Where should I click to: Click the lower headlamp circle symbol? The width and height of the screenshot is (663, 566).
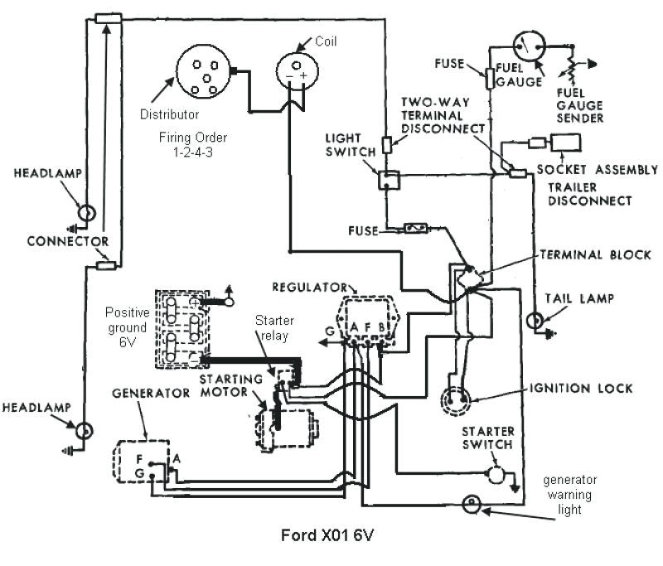pyautogui.click(x=84, y=431)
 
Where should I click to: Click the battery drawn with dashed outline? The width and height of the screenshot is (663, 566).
pyautogui.click(x=181, y=329)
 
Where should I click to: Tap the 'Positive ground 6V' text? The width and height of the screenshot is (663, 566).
pyautogui.click(x=127, y=326)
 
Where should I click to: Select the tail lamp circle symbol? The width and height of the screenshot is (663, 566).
pyautogui.click(x=536, y=318)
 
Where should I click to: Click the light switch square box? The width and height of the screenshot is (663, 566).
pyautogui.click(x=386, y=180)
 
